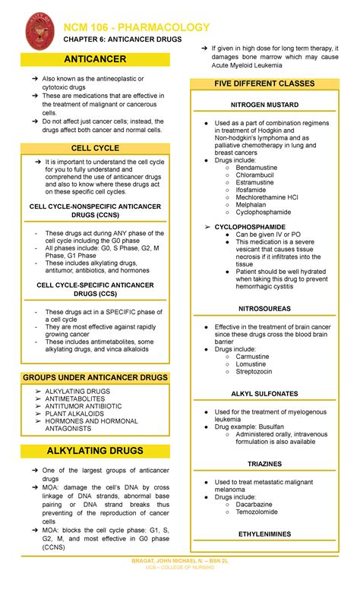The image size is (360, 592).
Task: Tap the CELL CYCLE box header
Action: pyautogui.click(x=94, y=148)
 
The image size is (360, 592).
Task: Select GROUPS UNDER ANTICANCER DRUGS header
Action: pyautogui.click(x=94, y=377)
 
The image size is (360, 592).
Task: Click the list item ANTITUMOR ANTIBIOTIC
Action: pyautogui.click(x=83, y=406)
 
